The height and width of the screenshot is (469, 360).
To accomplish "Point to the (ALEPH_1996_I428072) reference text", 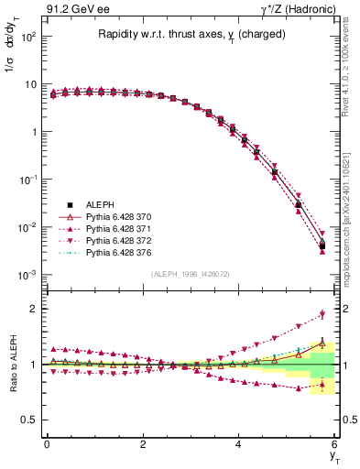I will [191, 274].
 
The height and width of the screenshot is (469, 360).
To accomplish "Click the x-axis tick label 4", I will [239, 443].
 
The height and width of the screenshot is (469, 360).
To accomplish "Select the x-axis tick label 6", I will [335, 443].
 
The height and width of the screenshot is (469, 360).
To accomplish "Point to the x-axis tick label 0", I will [47, 443].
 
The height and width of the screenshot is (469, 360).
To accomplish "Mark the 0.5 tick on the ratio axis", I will [28, 420].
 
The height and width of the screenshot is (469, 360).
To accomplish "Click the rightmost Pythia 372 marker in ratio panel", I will [322, 314].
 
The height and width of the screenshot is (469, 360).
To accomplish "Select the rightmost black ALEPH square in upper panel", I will [322, 245].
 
